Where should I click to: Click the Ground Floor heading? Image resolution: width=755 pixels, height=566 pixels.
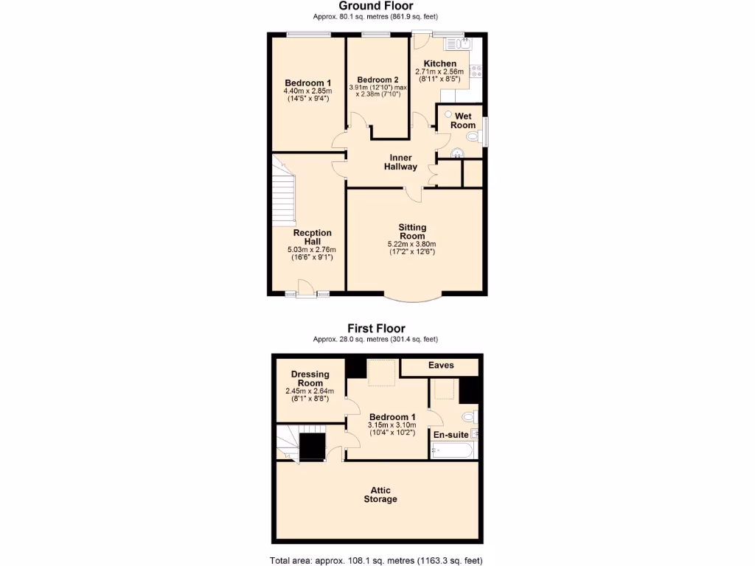tap(376, 6)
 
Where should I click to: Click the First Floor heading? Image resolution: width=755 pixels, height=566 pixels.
tap(376, 329)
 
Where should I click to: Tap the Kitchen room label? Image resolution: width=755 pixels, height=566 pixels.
tap(439, 64)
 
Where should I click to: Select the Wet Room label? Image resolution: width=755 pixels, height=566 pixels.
tap(463, 121)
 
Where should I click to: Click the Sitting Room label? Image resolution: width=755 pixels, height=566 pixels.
tap(412, 231)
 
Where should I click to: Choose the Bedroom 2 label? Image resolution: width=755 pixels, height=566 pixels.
tap(377, 80)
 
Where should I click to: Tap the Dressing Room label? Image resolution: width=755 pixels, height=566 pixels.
tap(310, 379)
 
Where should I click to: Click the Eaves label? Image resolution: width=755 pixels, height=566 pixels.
tap(441, 366)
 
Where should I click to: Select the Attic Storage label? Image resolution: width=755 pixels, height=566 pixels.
tap(380, 495)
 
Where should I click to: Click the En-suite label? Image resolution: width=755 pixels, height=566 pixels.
tap(448, 435)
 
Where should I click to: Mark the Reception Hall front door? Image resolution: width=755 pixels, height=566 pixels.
tap(302, 295)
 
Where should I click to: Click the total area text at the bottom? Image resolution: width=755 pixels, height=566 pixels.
tap(376, 560)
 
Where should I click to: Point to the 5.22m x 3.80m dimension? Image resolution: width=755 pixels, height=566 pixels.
tap(411, 245)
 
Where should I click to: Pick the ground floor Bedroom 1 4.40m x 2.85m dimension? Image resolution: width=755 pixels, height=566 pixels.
tap(307, 91)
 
